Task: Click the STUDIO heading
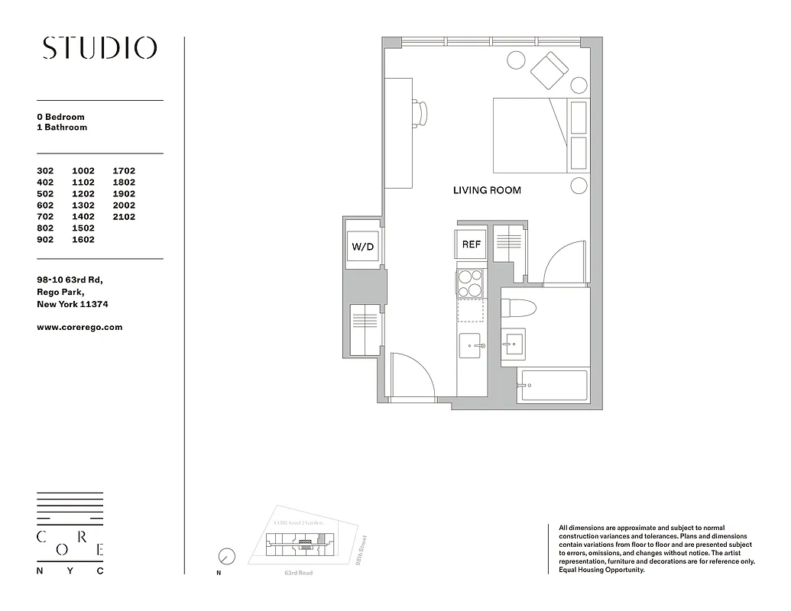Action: pyautogui.click(x=100, y=48)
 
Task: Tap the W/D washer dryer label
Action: pyautogui.click(x=362, y=247)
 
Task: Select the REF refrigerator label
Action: pyautogui.click(x=472, y=245)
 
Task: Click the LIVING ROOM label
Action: pyautogui.click(x=487, y=190)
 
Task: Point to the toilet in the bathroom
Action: pyautogui.click(x=519, y=307)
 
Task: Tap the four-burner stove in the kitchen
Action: pyautogui.click(x=470, y=283)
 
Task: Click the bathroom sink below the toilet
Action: pyautogui.click(x=514, y=344)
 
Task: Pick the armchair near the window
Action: pyautogui.click(x=550, y=70)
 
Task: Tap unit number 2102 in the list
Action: pyautogui.click(x=124, y=217)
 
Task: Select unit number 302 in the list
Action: pyautogui.click(x=46, y=171)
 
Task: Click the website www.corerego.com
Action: pyautogui.click(x=79, y=327)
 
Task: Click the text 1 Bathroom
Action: pyautogui.click(x=62, y=128)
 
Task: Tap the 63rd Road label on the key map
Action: pyautogui.click(x=298, y=573)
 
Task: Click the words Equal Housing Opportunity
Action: pyautogui.click(x=601, y=570)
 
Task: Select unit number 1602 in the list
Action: pyautogui.click(x=83, y=240)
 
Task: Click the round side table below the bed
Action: pyautogui.click(x=579, y=186)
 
